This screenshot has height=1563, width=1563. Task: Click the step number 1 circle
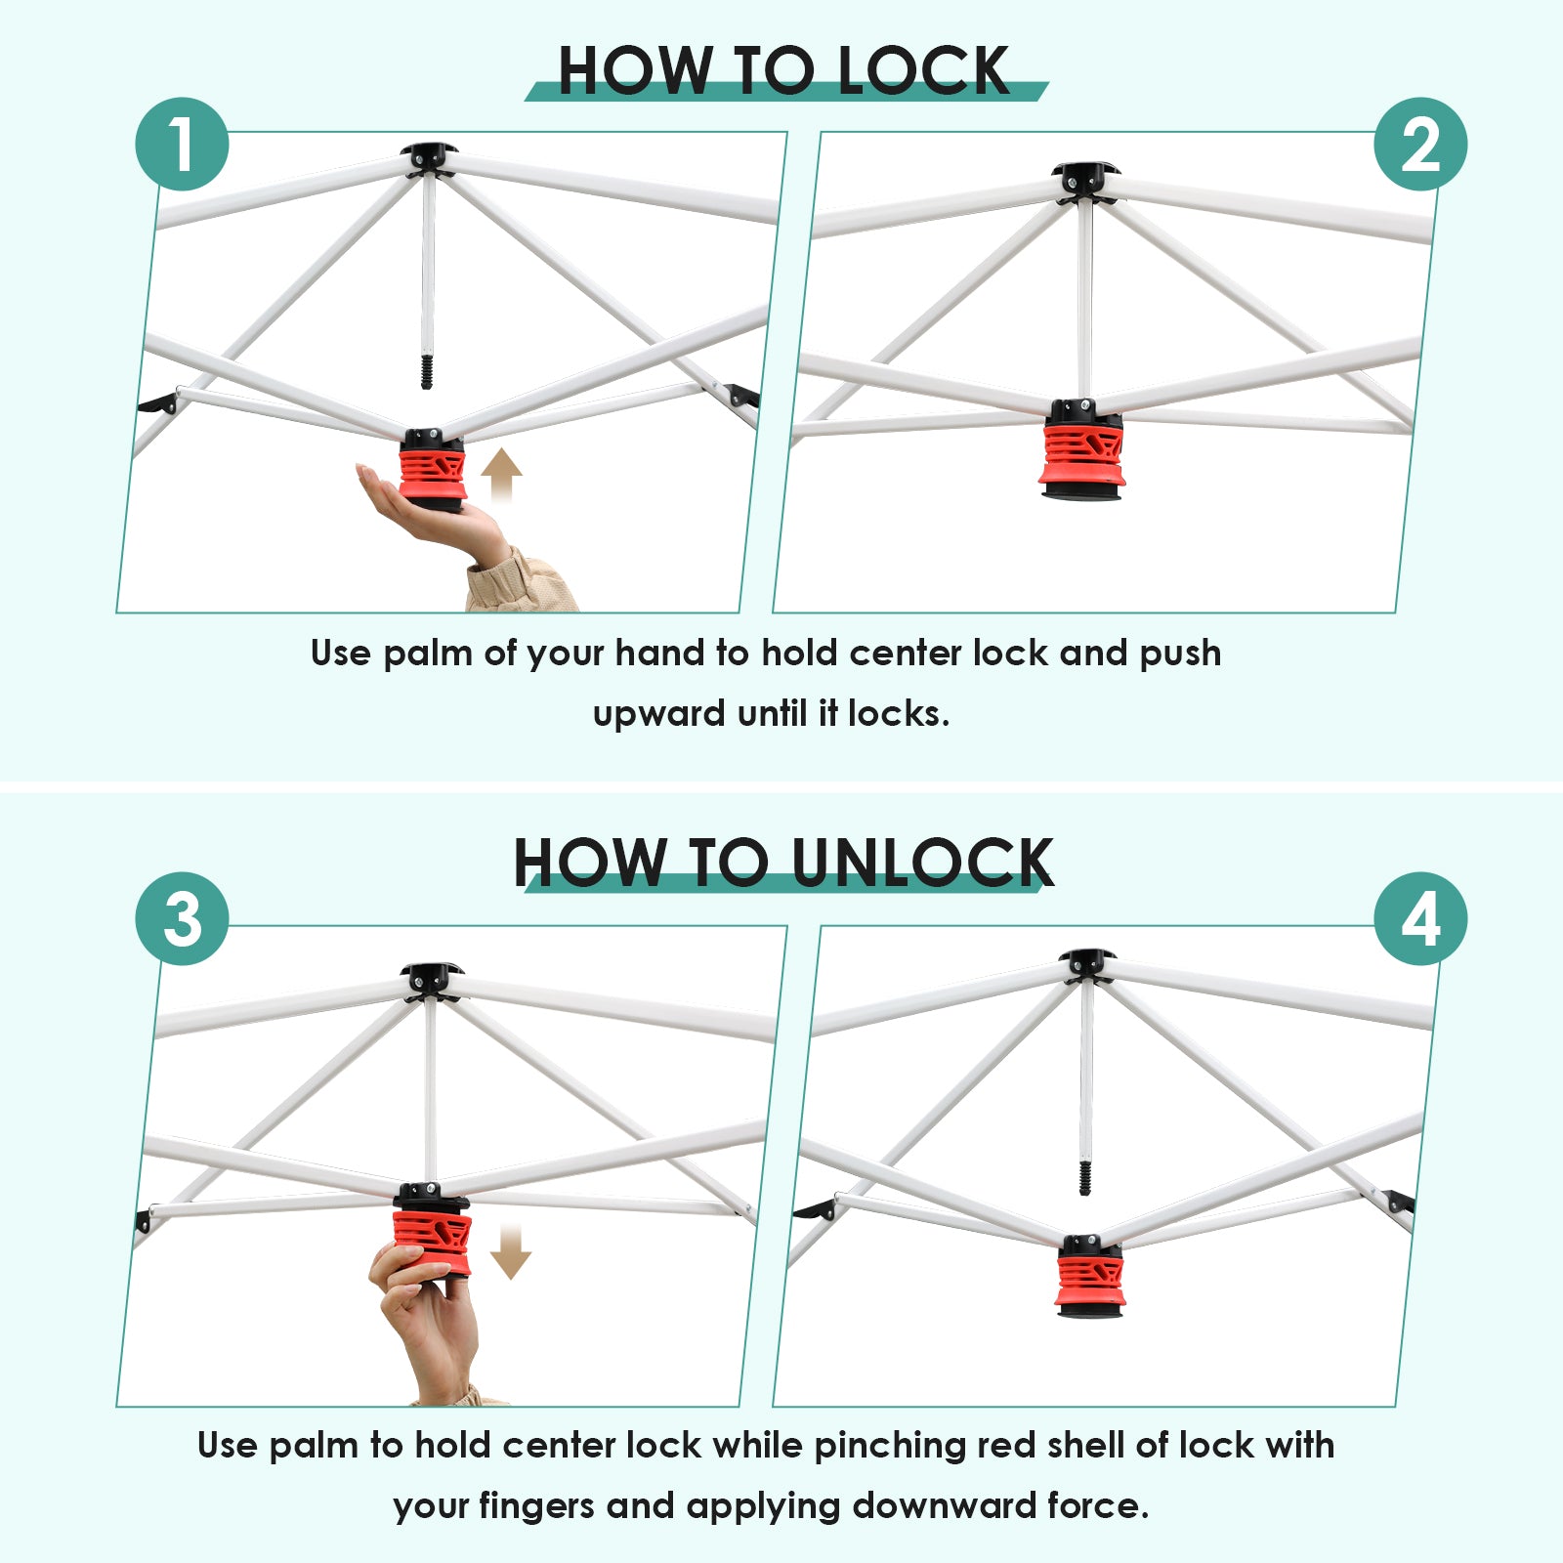point(182,145)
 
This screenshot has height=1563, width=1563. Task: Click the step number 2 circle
point(1420,145)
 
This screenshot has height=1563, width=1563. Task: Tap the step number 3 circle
point(182,919)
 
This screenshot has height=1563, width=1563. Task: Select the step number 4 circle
point(1420,919)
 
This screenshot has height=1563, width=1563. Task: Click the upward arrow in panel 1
point(501,475)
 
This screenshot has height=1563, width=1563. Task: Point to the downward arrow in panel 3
point(510,1252)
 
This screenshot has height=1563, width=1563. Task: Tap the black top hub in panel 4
point(1087,965)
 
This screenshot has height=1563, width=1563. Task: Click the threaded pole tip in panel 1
point(426,372)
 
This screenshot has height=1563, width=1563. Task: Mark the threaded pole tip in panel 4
point(1084,1177)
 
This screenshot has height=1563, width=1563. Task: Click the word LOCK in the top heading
point(923,70)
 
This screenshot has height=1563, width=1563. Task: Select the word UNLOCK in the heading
point(922,863)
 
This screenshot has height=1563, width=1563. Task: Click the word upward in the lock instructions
point(659,714)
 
